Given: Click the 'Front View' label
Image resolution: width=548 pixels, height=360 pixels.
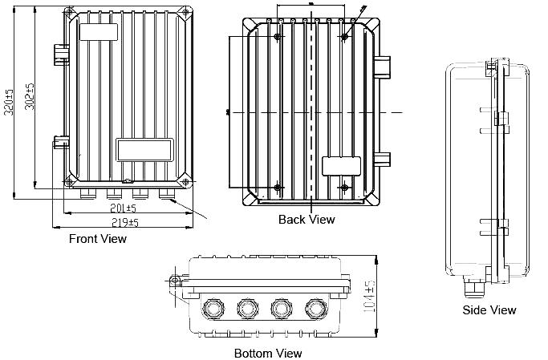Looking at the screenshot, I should pos(98,239).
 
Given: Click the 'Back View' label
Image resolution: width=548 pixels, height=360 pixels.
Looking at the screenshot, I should pos(306,219).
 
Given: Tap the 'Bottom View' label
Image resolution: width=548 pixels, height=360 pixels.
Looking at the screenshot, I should pos(268,354).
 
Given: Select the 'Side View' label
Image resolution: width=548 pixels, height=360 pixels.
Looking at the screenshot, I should pos(489,310).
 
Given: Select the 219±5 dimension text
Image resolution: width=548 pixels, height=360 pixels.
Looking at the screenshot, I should pos(124,222).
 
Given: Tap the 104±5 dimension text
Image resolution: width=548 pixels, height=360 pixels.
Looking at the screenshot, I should pos(370,297).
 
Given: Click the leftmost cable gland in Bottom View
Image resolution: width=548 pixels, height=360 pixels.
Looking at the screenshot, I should pos(213,307).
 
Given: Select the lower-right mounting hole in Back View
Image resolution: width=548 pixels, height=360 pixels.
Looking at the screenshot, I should pos(345,188).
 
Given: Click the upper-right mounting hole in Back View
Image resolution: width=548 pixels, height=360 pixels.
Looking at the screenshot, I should pos(345,38).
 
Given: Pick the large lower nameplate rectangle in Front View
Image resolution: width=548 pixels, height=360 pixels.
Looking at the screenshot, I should pos(145,148).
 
